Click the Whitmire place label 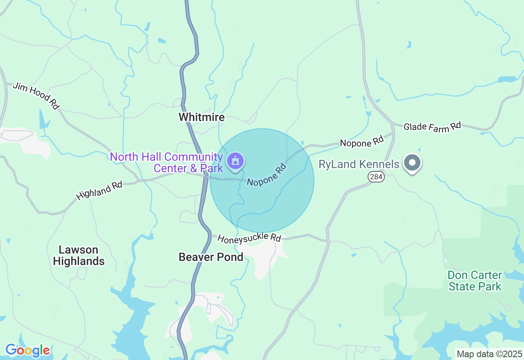pyautogui.click(x=201, y=117)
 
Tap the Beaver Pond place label pyautogui.click(x=211, y=257)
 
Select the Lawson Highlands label pyautogui.click(x=79, y=256)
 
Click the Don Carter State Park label pyautogui.click(x=475, y=281)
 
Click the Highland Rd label pyautogui.click(x=99, y=191)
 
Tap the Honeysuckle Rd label pyautogui.click(x=249, y=238)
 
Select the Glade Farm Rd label pyautogui.click(x=432, y=127)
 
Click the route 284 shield pyautogui.click(x=376, y=177)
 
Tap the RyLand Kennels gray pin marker pyautogui.click(x=412, y=163)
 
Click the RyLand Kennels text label pyautogui.click(x=359, y=164)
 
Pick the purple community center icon pyautogui.click(x=235, y=161)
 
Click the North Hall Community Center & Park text pyautogui.click(x=166, y=162)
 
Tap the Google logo pyautogui.click(x=27, y=351)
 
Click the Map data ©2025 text pyautogui.click(x=489, y=353)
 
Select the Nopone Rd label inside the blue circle pyautogui.click(x=266, y=175)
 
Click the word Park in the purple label pyautogui.click(x=212, y=168)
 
